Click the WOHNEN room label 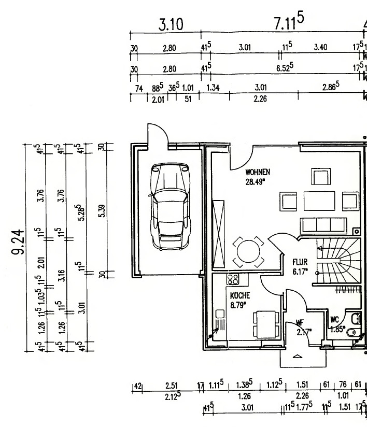tap(258, 172)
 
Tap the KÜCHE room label tap(240, 295)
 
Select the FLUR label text tap(300, 262)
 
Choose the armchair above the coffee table tap(320, 177)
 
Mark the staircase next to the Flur tap(336, 262)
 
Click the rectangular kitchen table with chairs tap(262, 324)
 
